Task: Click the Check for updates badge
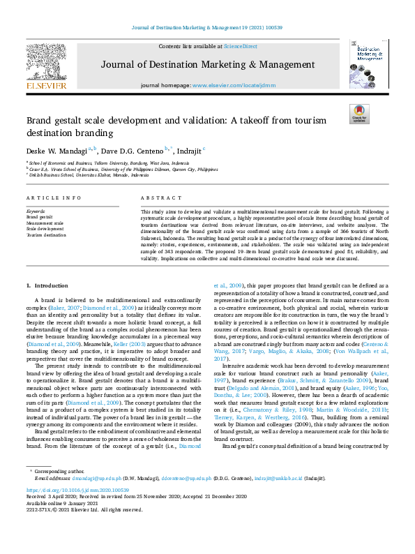(x=360, y=114)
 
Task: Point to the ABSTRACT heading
(x=156, y=198)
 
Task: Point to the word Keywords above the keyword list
(x=36, y=211)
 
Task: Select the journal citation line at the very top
(x=207, y=29)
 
